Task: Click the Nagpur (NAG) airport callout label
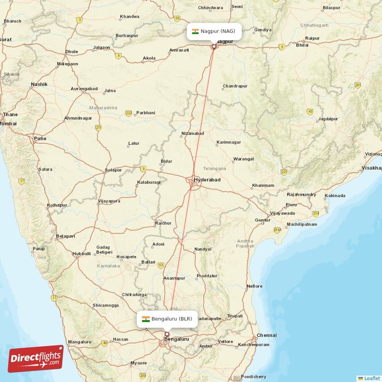[213, 32]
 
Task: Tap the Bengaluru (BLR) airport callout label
[167, 319]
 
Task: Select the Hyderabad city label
[207, 180]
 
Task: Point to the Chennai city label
[266, 335]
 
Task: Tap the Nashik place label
[39, 85]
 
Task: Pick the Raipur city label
[313, 38]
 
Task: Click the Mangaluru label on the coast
[79, 342]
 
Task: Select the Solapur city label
[113, 170]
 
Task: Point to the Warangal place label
[243, 159]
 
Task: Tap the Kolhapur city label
[57, 205]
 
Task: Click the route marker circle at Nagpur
[214, 46]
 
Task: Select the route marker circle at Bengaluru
[167, 334]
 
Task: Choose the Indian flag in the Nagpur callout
[195, 32]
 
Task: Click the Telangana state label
[214, 169]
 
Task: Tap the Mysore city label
[138, 363]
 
